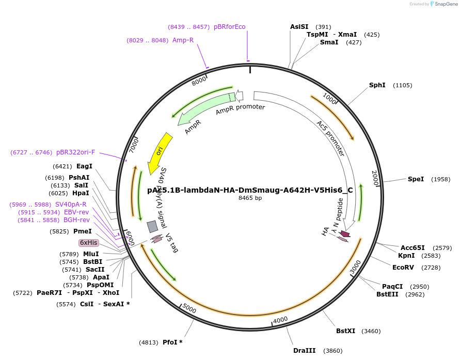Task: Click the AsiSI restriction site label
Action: tap(299, 27)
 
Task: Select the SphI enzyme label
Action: tap(377, 85)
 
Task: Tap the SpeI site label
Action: tap(416, 179)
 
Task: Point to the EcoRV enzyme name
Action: tap(403, 267)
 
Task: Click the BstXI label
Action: tap(346, 331)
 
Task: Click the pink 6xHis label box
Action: tap(88, 243)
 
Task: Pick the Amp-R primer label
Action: tap(183, 40)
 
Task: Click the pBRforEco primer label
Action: tap(230, 27)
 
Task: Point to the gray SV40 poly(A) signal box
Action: tap(152, 226)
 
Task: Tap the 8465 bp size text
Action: tap(250, 198)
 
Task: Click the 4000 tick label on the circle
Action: tap(280, 320)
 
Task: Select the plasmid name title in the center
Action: tap(250, 190)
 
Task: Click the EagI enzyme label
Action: tap(84, 166)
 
